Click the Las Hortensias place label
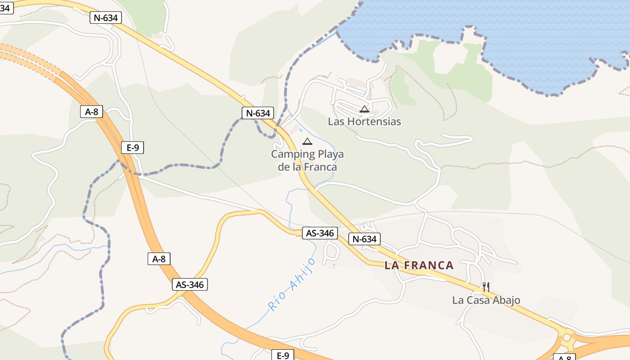pyautogui.click(x=364, y=121)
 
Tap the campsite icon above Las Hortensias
pyautogui.click(x=364, y=109)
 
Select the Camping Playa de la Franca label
pyautogui.click(x=307, y=161)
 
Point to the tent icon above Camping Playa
pyautogui.click(x=307, y=142)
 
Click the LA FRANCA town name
pyautogui.click(x=419, y=265)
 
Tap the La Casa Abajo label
pyautogui.click(x=486, y=300)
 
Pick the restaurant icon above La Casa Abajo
pyautogui.click(x=486, y=287)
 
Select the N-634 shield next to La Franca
pyautogui.click(x=364, y=239)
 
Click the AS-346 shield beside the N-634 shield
pyautogui.click(x=319, y=233)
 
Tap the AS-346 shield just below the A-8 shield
pyautogui.click(x=189, y=285)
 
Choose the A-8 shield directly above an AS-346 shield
pyautogui.click(x=159, y=259)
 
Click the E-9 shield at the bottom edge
pyautogui.click(x=283, y=355)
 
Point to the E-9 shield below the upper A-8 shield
pyautogui.click(x=132, y=148)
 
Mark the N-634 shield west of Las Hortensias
pyautogui.click(x=257, y=113)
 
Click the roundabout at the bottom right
pyautogui.click(x=567, y=337)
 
